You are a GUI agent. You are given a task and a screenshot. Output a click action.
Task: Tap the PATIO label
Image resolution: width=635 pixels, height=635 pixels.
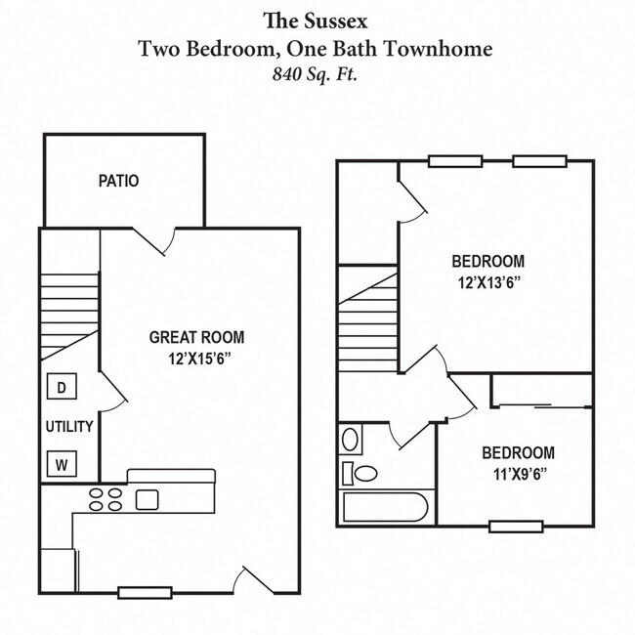pos(118,181)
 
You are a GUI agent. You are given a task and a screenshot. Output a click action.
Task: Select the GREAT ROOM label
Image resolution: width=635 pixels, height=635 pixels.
pos(196,337)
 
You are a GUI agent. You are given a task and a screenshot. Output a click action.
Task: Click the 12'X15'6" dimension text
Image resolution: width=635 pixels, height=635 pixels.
pos(199,359)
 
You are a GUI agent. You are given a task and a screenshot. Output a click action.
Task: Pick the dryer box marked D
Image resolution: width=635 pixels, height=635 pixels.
pos(61,388)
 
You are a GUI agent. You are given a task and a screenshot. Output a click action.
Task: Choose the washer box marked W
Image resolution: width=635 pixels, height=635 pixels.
pos(61,463)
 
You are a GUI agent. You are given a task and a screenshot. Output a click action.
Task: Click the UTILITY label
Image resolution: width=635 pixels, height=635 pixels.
pos(69,426)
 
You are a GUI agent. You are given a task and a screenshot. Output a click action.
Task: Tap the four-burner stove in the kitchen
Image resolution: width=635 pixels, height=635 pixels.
pos(106,499)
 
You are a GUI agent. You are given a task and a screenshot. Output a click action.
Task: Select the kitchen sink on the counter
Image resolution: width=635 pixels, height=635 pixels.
pos(147,499)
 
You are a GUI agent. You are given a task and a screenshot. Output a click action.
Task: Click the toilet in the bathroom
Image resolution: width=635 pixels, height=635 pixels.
pos(362,474)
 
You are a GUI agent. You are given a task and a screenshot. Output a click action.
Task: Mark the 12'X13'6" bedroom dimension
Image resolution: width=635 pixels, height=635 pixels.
pos(487,282)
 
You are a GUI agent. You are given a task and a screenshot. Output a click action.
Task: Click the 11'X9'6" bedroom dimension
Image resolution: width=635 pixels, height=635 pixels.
pos(518,474)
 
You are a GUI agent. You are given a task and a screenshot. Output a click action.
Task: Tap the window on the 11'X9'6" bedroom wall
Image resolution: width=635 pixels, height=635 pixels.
pos(516,527)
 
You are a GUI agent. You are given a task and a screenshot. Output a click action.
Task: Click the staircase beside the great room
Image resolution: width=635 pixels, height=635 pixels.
pos(69,315)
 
